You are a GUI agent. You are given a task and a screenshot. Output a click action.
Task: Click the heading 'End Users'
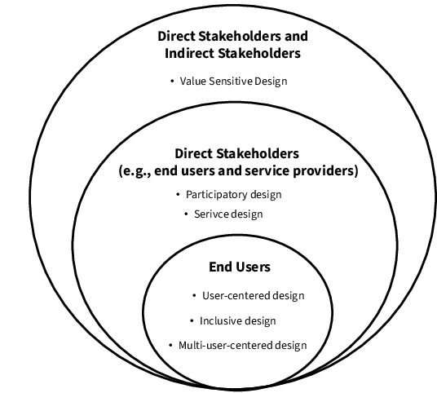(x=240, y=267)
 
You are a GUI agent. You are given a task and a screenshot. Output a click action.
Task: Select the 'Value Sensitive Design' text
(x=233, y=81)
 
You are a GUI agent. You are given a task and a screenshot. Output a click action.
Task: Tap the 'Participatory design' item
(x=233, y=195)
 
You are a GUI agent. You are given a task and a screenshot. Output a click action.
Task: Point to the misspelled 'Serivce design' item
(x=228, y=214)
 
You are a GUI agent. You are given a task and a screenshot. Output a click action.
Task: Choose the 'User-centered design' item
(x=253, y=295)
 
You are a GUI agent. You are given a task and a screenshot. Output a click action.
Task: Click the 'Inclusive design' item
(x=238, y=320)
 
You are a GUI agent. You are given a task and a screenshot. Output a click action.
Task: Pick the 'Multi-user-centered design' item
(x=242, y=346)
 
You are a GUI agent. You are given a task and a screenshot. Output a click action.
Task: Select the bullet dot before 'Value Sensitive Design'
(x=172, y=81)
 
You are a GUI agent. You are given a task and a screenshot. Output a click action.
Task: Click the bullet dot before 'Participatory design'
(x=178, y=194)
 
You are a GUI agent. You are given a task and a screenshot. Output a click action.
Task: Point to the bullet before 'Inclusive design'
(x=192, y=320)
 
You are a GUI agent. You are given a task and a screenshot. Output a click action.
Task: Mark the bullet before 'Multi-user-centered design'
(x=170, y=346)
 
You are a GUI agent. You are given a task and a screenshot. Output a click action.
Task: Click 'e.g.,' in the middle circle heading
(x=135, y=170)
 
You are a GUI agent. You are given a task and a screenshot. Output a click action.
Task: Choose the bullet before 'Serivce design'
(x=186, y=214)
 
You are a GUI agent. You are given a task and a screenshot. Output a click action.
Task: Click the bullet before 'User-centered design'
(x=195, y=295)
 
